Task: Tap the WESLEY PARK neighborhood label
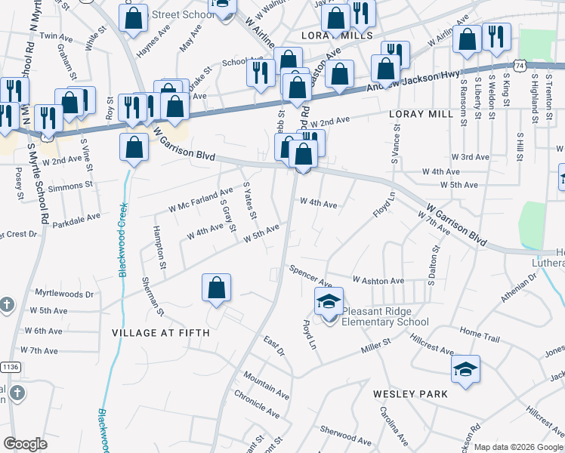click(410, 394)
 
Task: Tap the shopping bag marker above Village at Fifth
click(216, 288)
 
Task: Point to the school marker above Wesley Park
click(465, 369)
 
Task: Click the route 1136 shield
click(11, 367)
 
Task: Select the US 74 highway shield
click(517, 66)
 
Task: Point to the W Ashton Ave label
click(378, 281)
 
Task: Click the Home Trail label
click(480, 332)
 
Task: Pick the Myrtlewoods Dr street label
click(63, 293)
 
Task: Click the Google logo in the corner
click(25, 444)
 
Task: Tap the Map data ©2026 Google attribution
click(518, 447)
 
